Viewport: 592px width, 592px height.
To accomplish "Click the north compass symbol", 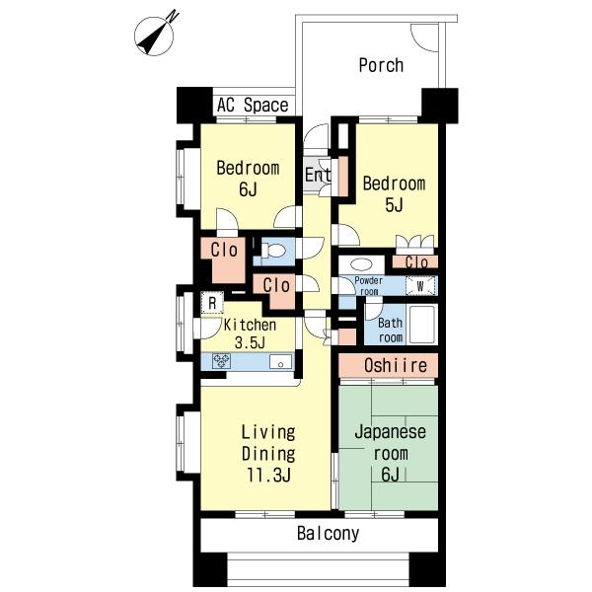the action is [x=155, y=36].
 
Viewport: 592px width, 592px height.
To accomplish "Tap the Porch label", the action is [x=381, y=65].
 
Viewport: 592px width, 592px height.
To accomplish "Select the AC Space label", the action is [x=253, y=105].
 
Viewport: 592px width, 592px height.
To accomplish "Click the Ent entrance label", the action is [x=318, y=175].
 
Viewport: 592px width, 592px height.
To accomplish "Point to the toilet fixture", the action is [x=274, y=251].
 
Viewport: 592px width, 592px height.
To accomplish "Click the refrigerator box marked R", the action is [x=212, y=303].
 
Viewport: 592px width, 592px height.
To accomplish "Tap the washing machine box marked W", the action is [x=420, y=286].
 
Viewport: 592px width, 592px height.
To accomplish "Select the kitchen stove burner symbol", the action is [x=221, y=361].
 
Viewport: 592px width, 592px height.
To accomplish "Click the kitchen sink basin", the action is [x=280, y=362].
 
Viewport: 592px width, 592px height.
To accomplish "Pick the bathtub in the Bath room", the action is [x=422, y=325].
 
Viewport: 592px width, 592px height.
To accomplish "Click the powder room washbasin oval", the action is [x=362, y=264].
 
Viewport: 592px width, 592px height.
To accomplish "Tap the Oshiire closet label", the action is [x=396, y=365].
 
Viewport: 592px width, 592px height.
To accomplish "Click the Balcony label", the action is [x=328, y=534].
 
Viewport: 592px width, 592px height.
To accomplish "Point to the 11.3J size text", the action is [x=268, y=476].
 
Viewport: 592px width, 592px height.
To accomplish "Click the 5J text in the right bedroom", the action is [x=394, y=205].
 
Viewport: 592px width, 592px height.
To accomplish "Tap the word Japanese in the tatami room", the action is [x=390, y=431].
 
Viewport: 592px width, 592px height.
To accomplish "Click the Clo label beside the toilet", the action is [x=276, y=285].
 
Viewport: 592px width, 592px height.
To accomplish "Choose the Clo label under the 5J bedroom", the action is [x=416, y=262].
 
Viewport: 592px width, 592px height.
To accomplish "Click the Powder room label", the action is [x=368, y=286].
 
